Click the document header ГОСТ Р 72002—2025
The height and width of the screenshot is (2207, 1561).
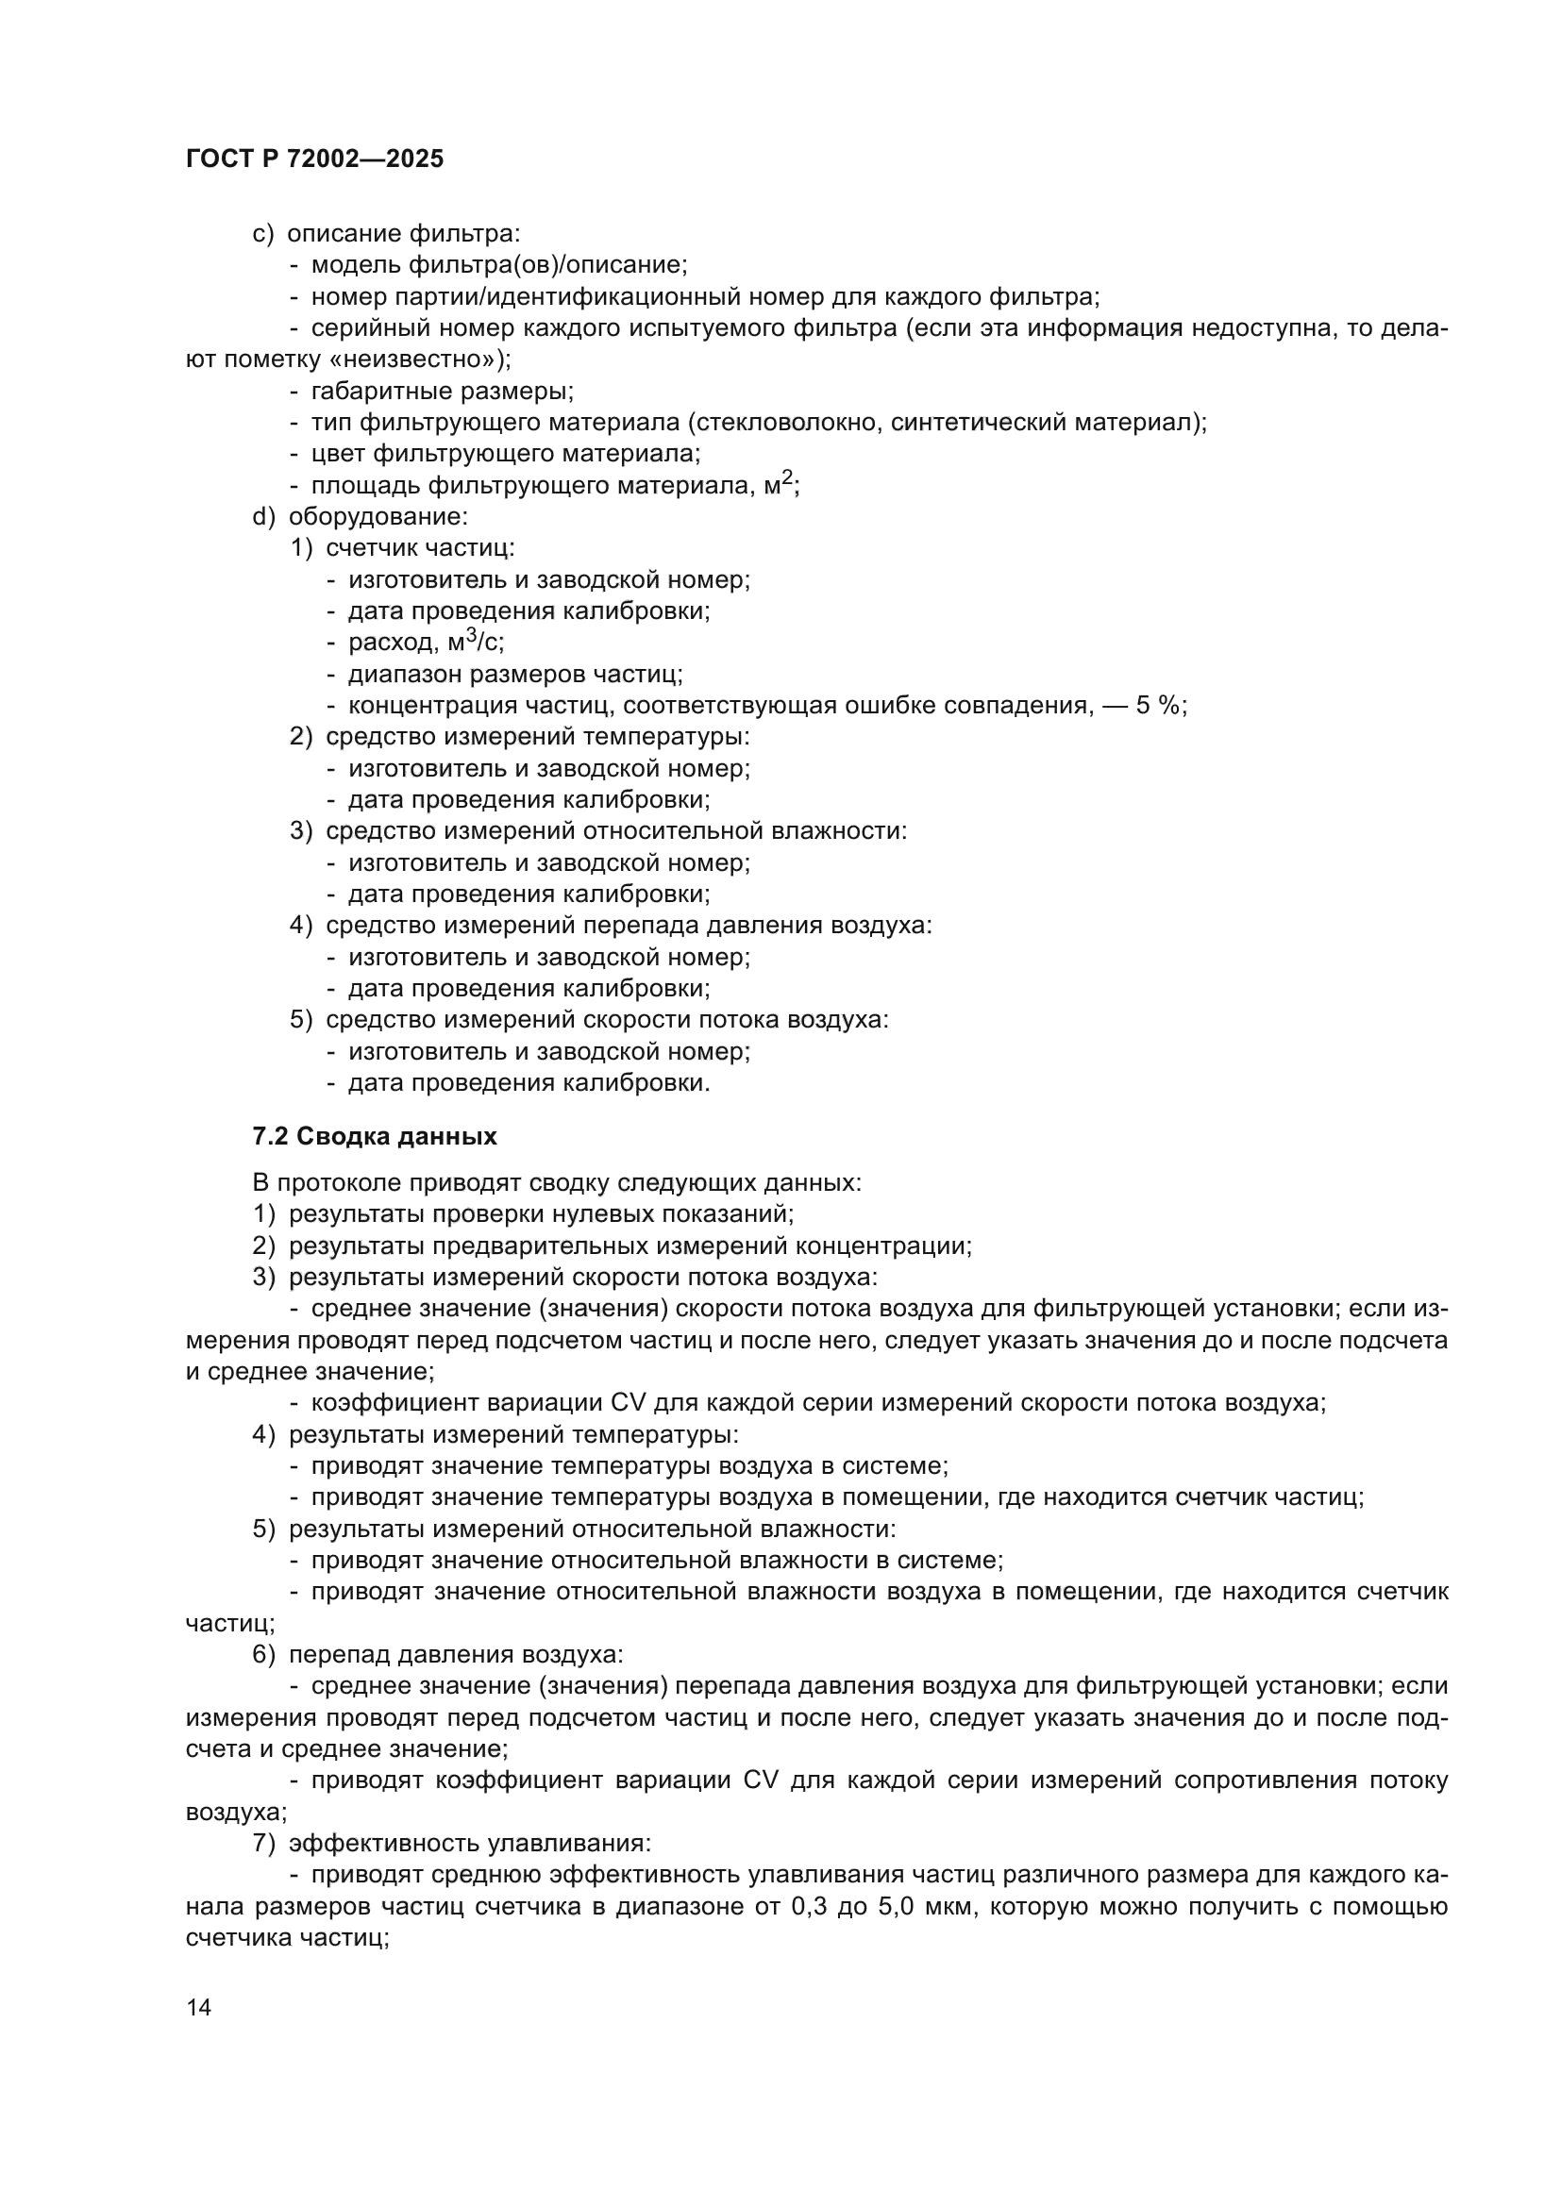314,159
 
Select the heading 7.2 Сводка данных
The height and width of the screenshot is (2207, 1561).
375,1136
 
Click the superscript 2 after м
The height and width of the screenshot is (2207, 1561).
787,477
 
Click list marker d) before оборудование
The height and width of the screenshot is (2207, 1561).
263,516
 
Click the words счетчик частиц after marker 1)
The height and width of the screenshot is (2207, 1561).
420,548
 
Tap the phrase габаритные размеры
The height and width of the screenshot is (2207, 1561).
442,392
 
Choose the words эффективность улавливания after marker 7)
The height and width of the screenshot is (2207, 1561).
470,1843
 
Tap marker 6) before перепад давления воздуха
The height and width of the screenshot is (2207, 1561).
263,1654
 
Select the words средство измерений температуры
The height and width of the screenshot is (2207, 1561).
537,736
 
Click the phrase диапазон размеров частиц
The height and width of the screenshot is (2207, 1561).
515,674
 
